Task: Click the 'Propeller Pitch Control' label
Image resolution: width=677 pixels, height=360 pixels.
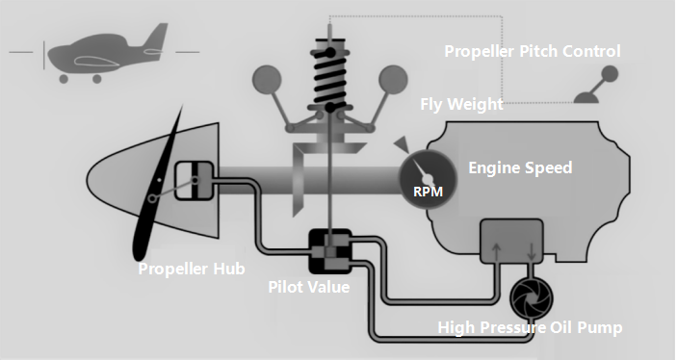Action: pyautogui.click(x=532, y=51)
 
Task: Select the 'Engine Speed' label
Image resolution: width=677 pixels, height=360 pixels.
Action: pyautogui.click(x=520, y=168)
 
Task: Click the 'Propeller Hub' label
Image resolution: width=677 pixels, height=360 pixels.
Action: pyautogui.click(x=192, y=269)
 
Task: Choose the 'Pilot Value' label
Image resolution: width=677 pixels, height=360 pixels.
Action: pyautogui.click(x=308, y=287)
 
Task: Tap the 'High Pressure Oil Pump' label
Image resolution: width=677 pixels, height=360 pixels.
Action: pyautogui.click(x=530, y=328)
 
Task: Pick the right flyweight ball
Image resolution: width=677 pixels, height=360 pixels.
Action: pyautogui.click(x=392, y=79)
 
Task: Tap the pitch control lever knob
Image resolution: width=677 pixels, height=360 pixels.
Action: pyautogui.click(x=610, y=72)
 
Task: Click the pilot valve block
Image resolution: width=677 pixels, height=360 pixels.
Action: pyautogui.click(x=329, y=251)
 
